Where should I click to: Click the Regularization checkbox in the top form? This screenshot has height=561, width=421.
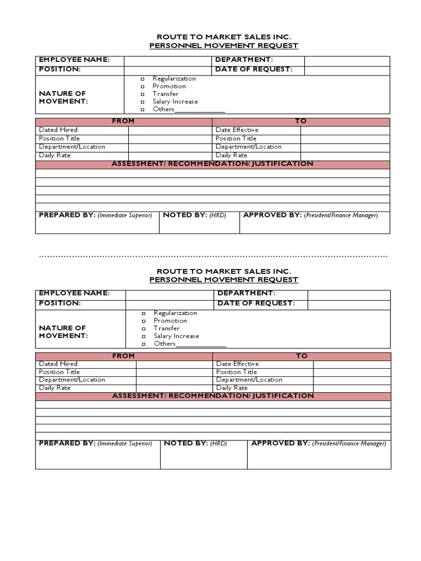pos(142,79)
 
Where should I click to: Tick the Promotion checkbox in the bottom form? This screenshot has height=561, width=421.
pos(144,321)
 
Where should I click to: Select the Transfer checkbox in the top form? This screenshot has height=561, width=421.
pos(142,94)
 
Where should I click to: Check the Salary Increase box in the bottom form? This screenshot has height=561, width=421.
pos(144,336)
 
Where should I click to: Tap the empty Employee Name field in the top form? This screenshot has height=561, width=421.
pos(167,60)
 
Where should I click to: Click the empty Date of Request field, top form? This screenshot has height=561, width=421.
pos(347,70)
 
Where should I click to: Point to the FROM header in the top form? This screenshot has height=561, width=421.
pos(123,121)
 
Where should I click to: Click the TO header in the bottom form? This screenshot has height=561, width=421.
pos(301,356)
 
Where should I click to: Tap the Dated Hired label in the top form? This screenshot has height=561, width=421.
pos(58,130)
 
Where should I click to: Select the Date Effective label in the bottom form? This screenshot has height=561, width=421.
pos(237,364)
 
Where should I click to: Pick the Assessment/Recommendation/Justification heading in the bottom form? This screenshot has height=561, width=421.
pos(213,396)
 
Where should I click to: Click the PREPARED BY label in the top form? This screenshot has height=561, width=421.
pos(67,215)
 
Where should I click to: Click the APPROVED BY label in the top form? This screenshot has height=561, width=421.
pos(272,215)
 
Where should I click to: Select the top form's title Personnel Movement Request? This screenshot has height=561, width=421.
pos(224,46)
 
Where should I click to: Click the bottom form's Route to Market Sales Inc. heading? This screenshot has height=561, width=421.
pos(224,271)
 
